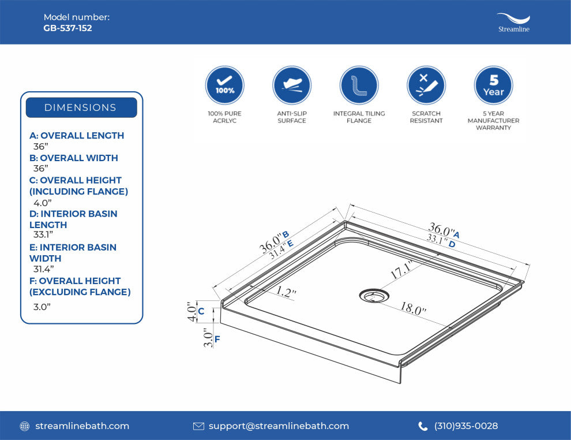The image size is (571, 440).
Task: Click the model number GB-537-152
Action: (x=67, y=28)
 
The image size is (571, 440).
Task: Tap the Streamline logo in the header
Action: (x=513, y=23)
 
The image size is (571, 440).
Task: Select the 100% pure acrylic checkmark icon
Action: (x=225, y=85)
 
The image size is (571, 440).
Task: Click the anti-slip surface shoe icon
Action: (x=292, y=85)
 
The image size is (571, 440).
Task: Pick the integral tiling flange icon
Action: (x=359, y=85)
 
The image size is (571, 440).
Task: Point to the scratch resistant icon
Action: (x=426, y=85)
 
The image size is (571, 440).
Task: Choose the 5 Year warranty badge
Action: (x=494, y=85)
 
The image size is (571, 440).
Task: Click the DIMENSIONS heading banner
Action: (x=81, y=107)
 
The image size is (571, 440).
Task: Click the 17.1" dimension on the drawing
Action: (x=402, y=270)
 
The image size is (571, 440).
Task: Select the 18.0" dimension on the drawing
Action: (x=413, y=308)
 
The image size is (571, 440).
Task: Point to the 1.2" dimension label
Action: (x=285, y=292)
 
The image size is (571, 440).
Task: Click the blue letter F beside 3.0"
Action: (x=217, y=340)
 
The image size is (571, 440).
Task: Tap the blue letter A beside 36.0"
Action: (x=456, y=235)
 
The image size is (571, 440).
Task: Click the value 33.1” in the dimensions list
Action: (x=43, y=234)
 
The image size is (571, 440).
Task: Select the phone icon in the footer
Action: (x=423, y=426)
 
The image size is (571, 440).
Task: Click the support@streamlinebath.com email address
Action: (x=279, y=426)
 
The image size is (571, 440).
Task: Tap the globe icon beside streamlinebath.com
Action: (x=24, y=426)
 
